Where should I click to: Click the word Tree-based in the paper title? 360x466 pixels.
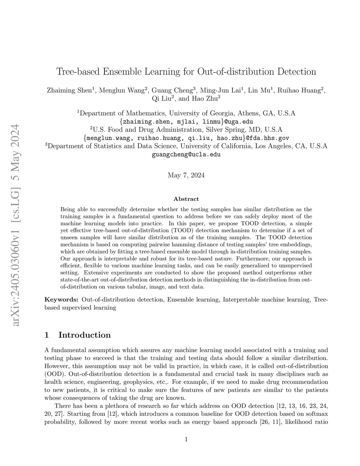77,72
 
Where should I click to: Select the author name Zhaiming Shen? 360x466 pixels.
69,90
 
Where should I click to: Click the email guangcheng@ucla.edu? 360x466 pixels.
186,154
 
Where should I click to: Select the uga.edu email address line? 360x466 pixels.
186,122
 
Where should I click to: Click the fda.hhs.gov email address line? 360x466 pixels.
186,138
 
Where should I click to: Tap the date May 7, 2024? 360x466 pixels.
186,175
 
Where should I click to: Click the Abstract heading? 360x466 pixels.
186,199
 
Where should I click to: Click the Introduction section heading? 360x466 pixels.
84,335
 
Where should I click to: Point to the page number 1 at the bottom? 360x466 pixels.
186,439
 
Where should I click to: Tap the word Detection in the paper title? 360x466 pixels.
297,72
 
